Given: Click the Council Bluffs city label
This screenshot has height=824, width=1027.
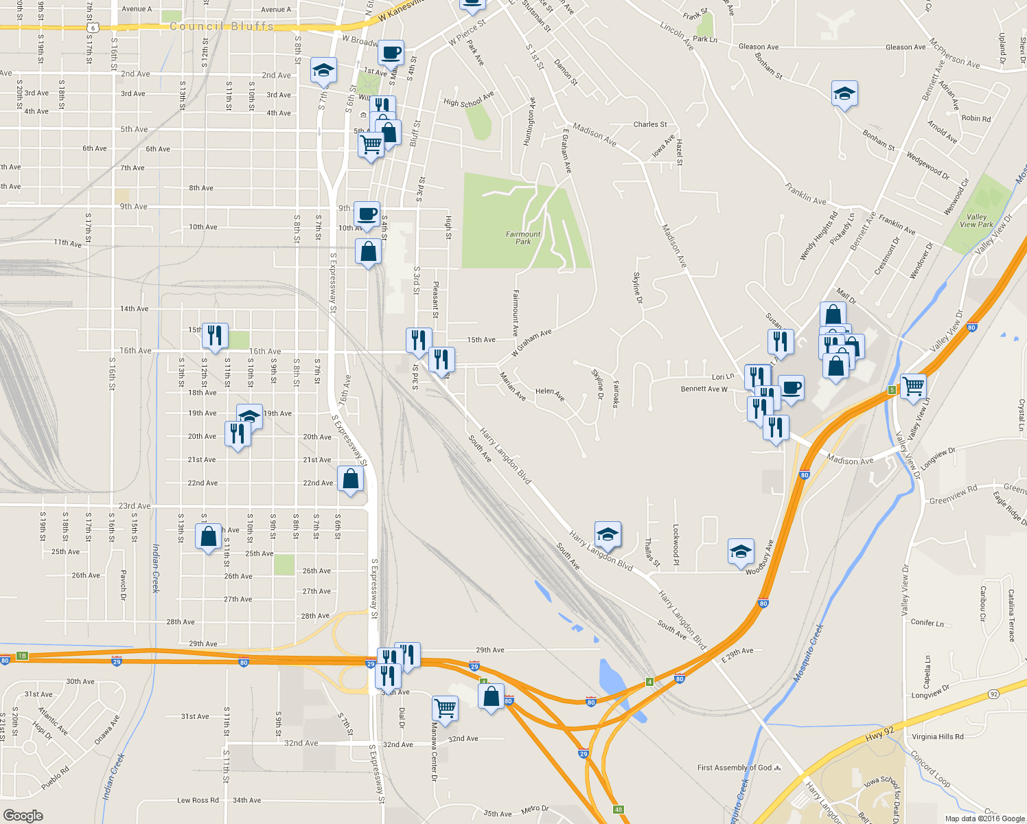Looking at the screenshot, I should pos(221,27).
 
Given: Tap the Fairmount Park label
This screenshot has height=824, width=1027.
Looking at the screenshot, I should pos(523,238).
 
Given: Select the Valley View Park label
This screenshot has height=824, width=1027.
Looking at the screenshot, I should pos(976,220).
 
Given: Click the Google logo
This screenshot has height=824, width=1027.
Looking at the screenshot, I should pos(23,815).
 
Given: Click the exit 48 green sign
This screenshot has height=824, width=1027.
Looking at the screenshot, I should pos(619,810).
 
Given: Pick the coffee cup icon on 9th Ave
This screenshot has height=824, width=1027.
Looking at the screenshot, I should pos(367,213).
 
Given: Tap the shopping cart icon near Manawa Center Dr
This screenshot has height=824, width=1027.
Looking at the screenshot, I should pos(445,708).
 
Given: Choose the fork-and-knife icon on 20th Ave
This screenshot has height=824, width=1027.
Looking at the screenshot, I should pos(237,434).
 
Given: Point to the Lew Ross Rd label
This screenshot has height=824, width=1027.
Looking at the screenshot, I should pos(198,800).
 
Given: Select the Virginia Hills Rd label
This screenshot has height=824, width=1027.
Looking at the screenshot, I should pos(938,737).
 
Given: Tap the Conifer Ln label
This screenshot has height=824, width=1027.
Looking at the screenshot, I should pos(927,623).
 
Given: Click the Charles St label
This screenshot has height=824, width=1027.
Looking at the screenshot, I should pos(649,124).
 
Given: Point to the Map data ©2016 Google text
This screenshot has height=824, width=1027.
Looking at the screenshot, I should pos(984,819).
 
